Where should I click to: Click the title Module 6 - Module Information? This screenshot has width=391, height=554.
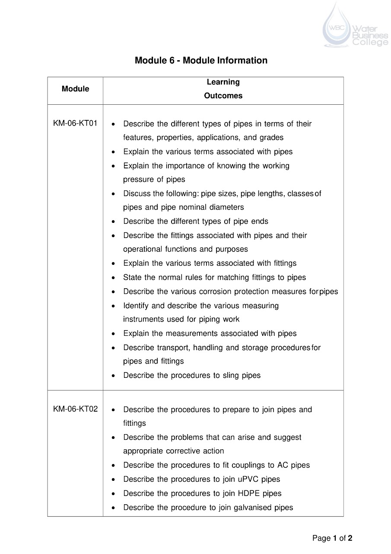pos(201,60)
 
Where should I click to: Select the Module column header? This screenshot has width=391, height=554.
pos(75,89)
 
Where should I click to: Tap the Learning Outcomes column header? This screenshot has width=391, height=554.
pos(223,89)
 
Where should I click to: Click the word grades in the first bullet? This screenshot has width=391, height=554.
pos(271,138)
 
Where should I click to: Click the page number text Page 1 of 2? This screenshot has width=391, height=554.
pos(332,538)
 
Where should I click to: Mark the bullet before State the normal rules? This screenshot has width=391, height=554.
pos(113,278)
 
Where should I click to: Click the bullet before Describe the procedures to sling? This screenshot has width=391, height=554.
pos(113,376)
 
